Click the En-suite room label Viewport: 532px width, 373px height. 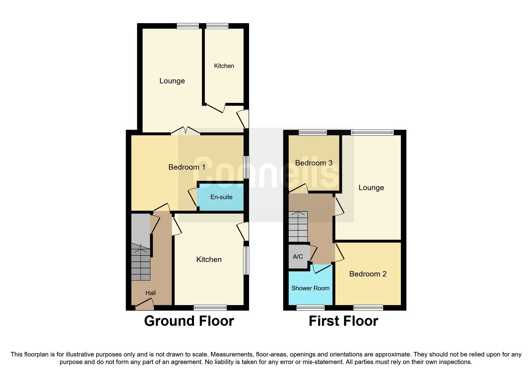221,197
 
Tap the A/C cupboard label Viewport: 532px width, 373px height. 298,257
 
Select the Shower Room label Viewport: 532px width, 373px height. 310,288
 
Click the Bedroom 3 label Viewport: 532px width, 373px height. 314,163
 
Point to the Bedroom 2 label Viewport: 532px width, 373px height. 368,274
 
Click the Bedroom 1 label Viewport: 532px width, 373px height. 187,167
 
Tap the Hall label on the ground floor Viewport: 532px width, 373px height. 150,293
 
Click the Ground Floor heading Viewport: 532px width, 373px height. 189,321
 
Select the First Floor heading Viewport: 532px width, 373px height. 343,321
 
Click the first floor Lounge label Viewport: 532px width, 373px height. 371,188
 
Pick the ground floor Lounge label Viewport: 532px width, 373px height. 172,81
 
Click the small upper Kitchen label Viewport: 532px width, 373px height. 224,66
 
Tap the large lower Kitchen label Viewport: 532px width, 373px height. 209,260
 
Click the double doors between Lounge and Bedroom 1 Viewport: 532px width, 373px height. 186,131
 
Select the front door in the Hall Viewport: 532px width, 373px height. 144,305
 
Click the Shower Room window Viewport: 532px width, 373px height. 310,307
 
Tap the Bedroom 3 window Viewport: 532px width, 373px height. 312,132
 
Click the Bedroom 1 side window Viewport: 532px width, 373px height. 246,167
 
